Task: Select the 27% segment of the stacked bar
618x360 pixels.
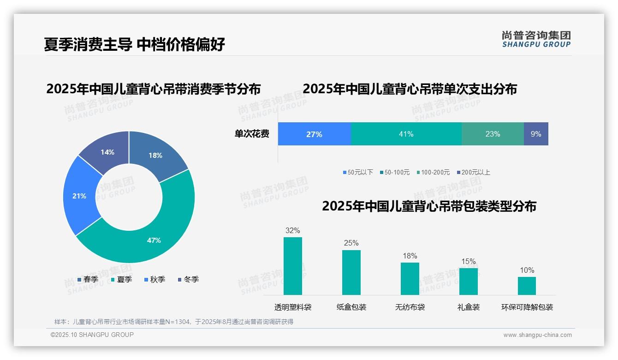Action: tap(314, 134)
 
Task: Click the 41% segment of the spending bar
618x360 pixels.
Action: tap(406, 134)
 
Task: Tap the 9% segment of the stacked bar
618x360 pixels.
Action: tap(536, 134)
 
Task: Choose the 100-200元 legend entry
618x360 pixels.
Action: tap(433, 172)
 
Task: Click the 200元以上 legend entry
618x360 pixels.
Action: tap(474, 172)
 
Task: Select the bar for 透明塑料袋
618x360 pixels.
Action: tap(292, 266)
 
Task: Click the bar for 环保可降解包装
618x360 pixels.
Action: tap(527, 286)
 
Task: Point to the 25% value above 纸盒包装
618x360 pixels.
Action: tap(351, 243)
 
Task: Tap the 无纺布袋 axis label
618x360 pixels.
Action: tap(410, 307)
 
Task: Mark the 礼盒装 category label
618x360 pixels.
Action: tap(468, 307)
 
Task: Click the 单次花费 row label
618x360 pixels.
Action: tap(252, 134)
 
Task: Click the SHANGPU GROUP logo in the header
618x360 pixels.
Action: tap(536, 39)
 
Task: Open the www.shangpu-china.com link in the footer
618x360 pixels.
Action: tap(537, 335)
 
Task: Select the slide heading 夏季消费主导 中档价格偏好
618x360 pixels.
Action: tap(135, 44)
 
